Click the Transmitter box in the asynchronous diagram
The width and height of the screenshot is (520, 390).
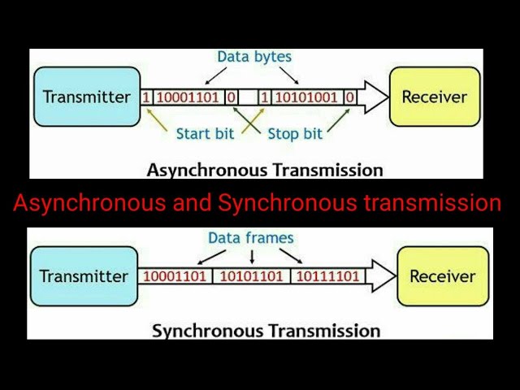pos(86,97)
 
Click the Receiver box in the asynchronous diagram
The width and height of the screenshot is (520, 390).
pos(435,97)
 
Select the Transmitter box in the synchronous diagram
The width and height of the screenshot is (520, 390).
pos(84,276)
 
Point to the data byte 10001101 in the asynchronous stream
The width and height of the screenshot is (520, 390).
pos(188,97)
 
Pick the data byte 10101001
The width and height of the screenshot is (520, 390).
pos(306,97)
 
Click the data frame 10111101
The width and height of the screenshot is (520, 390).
pos(327,276)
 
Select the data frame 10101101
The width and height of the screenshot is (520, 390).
pos(252,276)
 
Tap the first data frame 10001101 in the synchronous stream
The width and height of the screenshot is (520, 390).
pos(175,276)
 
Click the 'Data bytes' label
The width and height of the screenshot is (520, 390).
pos(253,57)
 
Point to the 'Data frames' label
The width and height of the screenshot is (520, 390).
pos(251,238)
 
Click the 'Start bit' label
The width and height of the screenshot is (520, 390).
pos(206,133)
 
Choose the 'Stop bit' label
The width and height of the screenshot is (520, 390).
pos(294,133)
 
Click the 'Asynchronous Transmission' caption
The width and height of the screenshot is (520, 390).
pos(264,170)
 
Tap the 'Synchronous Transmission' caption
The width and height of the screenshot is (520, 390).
pos(266,331)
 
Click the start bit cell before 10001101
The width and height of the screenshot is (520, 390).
pos(147,97)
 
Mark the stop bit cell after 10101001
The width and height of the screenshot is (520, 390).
pos(349,97)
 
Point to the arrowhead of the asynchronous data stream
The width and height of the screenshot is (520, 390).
pos(375,97)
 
